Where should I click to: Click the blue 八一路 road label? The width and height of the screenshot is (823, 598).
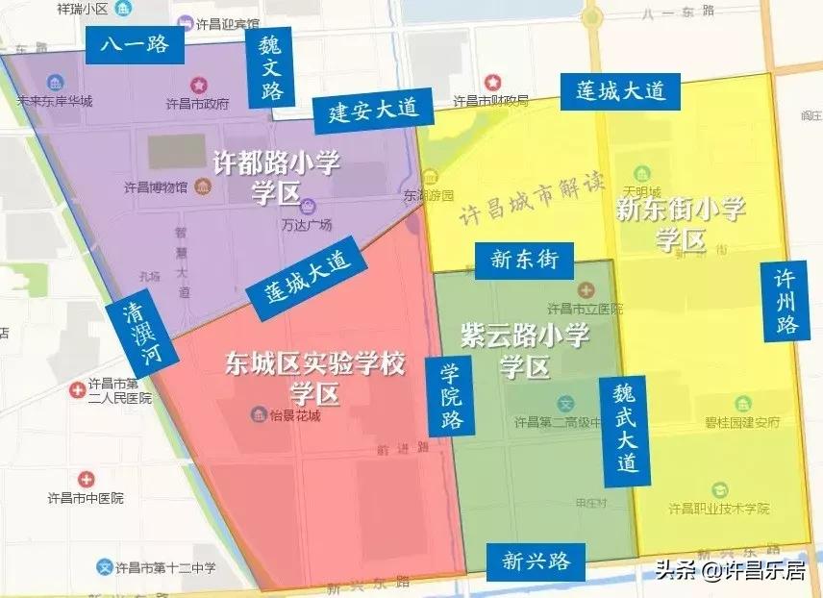[x=134, y=44]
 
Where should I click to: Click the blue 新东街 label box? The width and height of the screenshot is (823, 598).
[x=524, y=259]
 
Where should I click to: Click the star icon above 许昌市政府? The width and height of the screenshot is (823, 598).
[x=199, y=86]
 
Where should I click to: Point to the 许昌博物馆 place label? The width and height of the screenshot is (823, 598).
[x=155, y=187]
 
